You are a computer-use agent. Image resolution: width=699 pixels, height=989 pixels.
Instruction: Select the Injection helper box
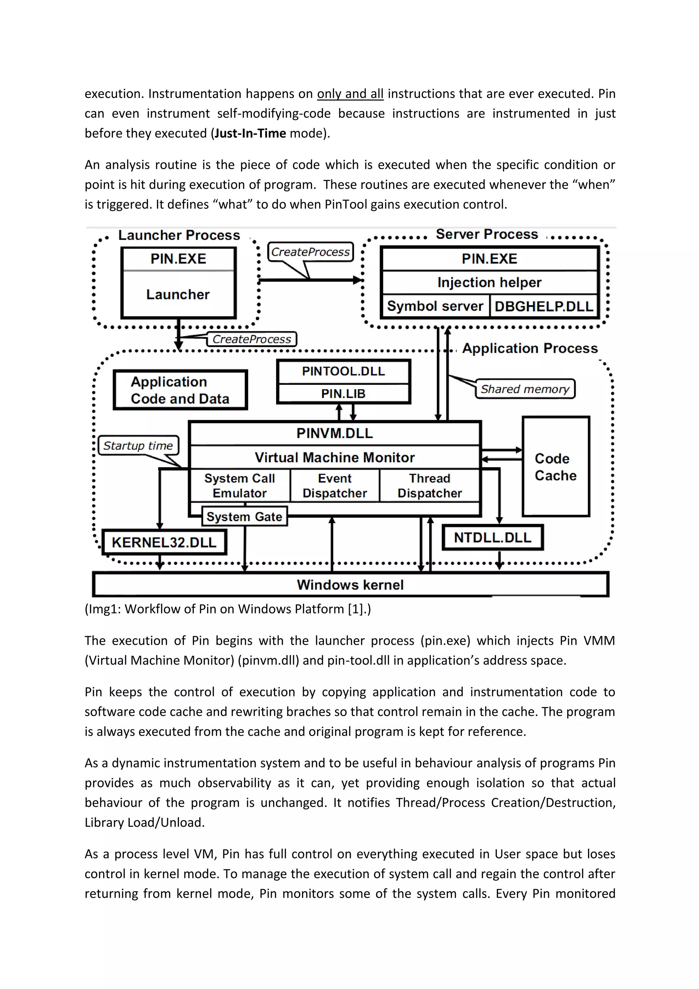pyautogui.click(x=489, y=282)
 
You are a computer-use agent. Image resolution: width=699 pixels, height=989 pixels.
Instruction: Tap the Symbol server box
pyautogui.click(x=435, y=306)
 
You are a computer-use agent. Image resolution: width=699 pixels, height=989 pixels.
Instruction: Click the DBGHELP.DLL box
pyautogui.click(x=544, y=306)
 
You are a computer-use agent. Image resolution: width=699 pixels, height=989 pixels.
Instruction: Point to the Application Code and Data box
pyautogui.click(x=180, y=390)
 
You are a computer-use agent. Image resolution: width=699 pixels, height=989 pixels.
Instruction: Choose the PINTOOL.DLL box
pyautogui.click(x=343, y=371)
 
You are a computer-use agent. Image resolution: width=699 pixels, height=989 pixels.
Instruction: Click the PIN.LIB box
pyautogui.click(x=343, y=393)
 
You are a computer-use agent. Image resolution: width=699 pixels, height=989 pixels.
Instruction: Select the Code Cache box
pyautogui.click(x=556, y=466)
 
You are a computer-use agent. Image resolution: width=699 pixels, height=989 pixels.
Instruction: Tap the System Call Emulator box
pyautogui.click(x=240, y=486)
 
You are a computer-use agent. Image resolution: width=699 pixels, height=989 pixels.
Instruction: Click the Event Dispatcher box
pyautogui.click(x=335, y=486)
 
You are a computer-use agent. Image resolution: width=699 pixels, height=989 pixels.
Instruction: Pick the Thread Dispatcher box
pyautogui.click(x=430, y=486)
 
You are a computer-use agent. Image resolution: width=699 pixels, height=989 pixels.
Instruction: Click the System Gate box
pyautogui.click(x=244, y=516)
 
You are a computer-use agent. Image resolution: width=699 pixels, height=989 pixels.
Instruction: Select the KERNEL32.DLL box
pyautogui.click(x=164, y=542)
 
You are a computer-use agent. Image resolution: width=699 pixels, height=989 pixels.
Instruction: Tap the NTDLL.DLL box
pyautogui.click(x=493, y=538)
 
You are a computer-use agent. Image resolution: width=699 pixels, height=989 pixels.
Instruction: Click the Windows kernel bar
pyautogui.click(x=351, y=585)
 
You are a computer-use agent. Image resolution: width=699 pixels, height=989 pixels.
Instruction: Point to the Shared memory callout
pyautogui.click(x=525, y=389)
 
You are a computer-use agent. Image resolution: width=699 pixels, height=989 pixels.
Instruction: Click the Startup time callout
pyautogui.click(x=138, y=445)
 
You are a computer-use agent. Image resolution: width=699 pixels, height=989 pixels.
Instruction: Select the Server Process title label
pyautogui.click(x=487, y=234)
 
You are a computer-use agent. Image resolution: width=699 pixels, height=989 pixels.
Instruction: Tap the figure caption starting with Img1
pyautogui.click(x=228, y=609)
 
